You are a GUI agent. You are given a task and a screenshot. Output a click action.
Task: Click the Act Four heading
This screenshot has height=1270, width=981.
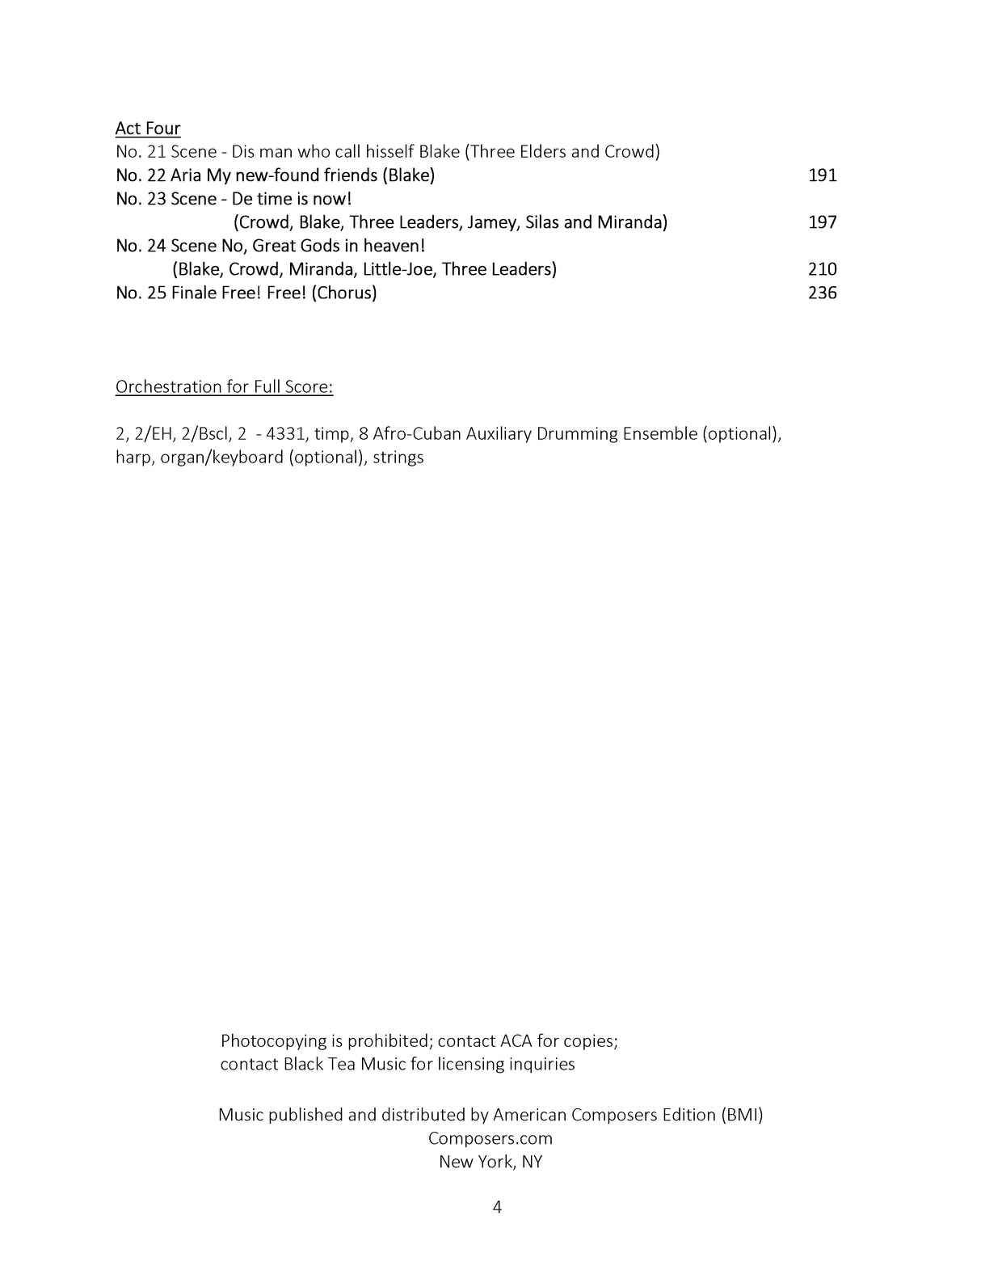(x=148, y=129)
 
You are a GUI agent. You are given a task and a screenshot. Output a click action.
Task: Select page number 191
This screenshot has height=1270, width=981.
(x=822, y=175)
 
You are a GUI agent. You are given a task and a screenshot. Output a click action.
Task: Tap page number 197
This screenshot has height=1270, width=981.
(x=822, y=222)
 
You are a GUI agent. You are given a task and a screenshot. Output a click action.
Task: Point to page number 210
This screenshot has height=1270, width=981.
(x=822, y=269)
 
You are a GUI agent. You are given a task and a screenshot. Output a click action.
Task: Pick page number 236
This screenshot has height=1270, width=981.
(x=822, y=293)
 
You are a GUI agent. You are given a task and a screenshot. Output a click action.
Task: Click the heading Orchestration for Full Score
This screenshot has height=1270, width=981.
(x=224, y=387)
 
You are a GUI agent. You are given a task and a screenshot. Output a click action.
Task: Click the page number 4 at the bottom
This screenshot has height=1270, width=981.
(x=497, y=1208)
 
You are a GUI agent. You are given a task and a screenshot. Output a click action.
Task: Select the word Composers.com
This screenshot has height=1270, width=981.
(x=490, y=1138)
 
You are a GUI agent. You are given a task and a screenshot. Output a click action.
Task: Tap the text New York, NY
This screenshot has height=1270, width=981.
(x=490, y=1162)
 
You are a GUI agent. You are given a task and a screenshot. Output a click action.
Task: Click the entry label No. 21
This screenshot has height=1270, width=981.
(x=141, y=152)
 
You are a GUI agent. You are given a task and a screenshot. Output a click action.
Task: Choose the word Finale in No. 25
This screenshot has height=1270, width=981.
(x=196, y=293)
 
